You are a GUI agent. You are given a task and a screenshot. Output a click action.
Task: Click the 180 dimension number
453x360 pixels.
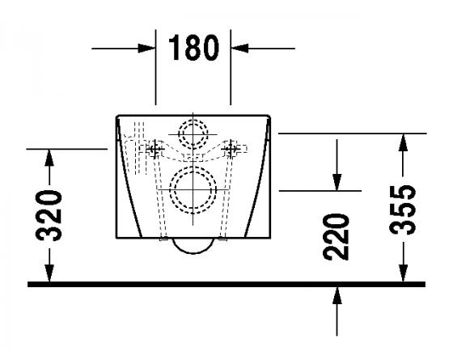(193, 49)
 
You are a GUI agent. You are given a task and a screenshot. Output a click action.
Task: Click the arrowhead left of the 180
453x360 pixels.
(149, 49)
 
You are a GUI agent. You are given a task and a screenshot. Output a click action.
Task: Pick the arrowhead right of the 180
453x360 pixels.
(239, 49)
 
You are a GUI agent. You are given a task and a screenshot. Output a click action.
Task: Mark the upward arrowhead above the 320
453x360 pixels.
(50, 156)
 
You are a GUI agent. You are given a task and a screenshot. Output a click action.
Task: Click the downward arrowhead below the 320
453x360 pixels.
(50, 275)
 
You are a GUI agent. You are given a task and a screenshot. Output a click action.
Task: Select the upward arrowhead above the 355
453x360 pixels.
(403, 142)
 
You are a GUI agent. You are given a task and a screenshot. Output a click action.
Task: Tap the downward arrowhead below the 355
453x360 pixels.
(403, 275)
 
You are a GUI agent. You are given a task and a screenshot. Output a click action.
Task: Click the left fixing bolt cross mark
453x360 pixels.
(152, 148)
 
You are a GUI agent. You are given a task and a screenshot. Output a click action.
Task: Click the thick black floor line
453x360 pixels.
(226, 285)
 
